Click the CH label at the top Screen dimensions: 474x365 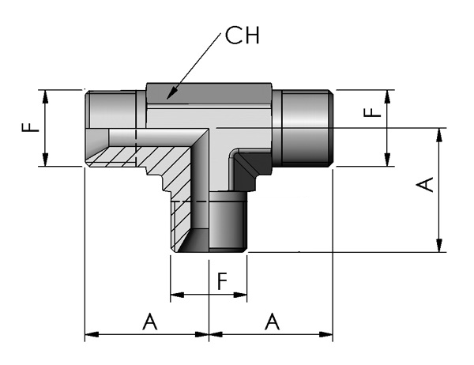243,36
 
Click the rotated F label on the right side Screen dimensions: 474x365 372,113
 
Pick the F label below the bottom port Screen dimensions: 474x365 223,281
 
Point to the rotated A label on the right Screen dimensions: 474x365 425,185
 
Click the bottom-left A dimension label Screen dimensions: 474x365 150,322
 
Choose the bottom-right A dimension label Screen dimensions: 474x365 272,322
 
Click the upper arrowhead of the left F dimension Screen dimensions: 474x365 45,96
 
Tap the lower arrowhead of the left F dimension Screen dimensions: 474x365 45,160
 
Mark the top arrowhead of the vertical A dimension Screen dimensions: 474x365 439,135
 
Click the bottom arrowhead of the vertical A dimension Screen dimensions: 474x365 439,245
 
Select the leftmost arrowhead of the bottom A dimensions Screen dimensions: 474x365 92,334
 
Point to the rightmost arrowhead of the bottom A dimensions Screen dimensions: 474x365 325,334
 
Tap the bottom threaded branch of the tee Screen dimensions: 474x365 209,222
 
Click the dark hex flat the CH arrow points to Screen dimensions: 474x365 209,93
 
